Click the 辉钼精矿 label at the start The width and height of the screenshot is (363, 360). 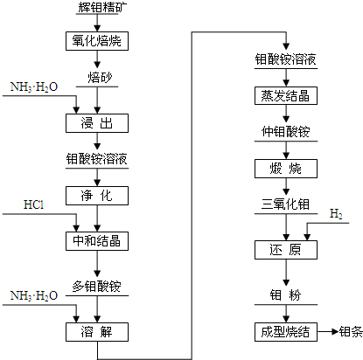point(97,9)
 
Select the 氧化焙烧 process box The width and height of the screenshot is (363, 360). point(97,40)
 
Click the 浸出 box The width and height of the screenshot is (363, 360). point(97,121)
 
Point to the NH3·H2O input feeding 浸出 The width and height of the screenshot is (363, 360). point(32,88)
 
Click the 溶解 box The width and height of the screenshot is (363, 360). point(97,331)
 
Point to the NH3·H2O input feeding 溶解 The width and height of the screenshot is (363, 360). point(32,296)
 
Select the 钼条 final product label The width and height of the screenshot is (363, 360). point(350,331)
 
